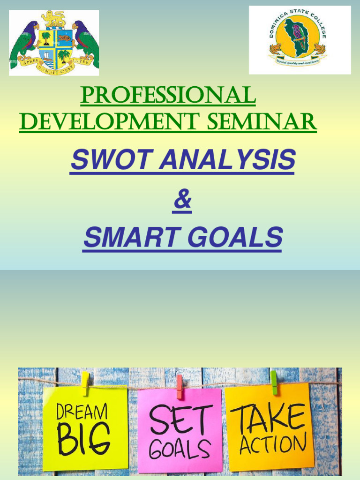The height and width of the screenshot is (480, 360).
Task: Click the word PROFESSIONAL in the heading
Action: tap(168, 96)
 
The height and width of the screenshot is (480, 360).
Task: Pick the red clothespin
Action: tap(180, 386)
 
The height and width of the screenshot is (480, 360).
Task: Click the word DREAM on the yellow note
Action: tap(82, 412)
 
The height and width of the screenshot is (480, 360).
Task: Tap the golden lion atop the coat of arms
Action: tap(53, 19)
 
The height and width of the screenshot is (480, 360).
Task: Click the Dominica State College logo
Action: tap(299, 40)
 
